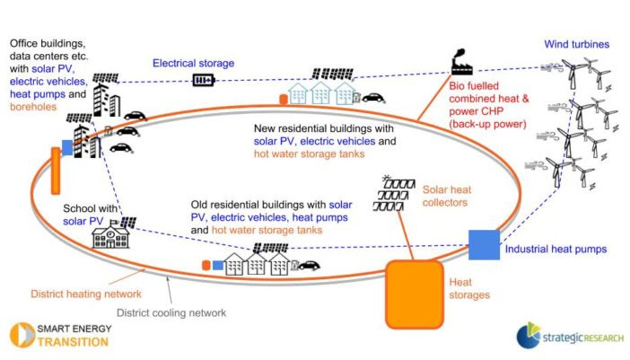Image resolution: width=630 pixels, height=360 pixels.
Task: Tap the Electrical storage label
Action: [193, 64]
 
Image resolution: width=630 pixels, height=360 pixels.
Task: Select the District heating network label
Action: [86, 294]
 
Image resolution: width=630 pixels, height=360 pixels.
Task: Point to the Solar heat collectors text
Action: [445, 197]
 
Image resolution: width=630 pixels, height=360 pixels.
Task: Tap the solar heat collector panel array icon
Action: [396, 192]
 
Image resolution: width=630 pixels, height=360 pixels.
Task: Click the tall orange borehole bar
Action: [56, 169]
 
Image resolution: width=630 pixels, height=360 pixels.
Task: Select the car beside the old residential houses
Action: [310, 265]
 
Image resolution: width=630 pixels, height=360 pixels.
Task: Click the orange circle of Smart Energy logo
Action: [19, 335]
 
